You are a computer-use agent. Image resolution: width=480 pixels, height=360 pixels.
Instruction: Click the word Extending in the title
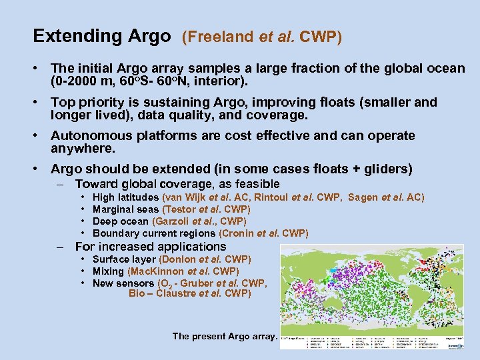[x=77, y=36]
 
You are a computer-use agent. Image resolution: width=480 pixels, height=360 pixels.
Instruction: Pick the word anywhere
[x=83, y=148]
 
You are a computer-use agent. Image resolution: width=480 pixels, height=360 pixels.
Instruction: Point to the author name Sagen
[x=363, y=197]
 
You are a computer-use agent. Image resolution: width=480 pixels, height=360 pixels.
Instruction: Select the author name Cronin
[x=237, y=233]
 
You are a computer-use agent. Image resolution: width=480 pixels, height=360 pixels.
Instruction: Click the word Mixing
[x=108, y=271]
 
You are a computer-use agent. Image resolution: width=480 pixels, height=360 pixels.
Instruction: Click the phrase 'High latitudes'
[x=126, y=197]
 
